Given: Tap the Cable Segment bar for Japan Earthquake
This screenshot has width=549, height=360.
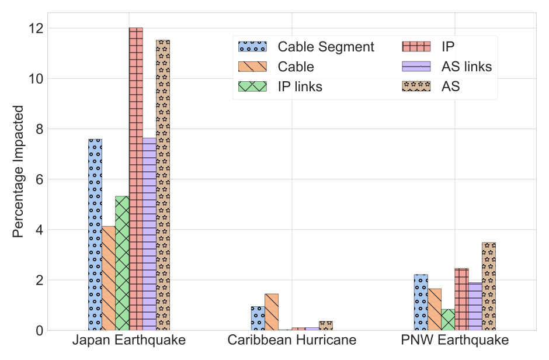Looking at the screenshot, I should [95, 234].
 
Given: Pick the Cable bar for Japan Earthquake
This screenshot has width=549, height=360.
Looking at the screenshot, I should [109, 278].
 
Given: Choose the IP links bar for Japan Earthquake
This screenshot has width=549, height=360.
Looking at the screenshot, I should [122, 263].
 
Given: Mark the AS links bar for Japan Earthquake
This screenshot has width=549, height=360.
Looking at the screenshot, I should [150, 234].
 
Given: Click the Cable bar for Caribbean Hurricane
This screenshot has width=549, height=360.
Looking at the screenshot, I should [272, 312].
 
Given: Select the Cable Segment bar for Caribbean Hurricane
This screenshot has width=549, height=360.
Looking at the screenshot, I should [258, 319].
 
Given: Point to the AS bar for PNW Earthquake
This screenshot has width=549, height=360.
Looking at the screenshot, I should [489, 286].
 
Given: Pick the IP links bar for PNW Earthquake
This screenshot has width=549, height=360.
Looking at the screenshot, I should [448, 320].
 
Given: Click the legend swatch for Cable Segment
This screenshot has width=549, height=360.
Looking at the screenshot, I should [252, 47].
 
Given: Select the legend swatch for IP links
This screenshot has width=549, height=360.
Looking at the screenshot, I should [252, 86].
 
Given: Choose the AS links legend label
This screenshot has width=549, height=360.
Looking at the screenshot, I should [467, 67].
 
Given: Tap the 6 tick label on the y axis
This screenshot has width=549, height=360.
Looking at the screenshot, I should [40, 179].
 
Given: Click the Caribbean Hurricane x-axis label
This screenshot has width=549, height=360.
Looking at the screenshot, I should [292, 340].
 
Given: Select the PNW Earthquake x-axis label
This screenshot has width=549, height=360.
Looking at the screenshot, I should [455, 340].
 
